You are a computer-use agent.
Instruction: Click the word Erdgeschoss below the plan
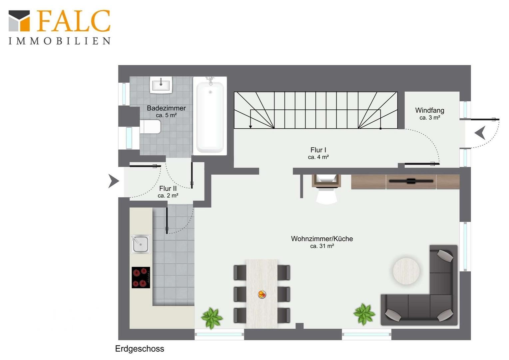140,349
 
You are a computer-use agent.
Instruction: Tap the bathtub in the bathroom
210,116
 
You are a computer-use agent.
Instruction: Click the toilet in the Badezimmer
150,127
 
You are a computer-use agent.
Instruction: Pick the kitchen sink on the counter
141,244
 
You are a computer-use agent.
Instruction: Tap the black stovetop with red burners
141,277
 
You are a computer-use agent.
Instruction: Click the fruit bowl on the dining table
262,294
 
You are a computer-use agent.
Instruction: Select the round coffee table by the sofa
406,271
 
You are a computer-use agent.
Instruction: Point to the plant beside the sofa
364,314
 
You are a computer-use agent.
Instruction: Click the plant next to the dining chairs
212,318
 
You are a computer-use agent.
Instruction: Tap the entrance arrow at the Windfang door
480,133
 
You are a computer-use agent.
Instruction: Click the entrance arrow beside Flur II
114,181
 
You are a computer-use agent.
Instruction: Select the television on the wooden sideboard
411,181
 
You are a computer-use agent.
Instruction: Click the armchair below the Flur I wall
326,189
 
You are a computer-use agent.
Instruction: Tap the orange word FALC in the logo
73,21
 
